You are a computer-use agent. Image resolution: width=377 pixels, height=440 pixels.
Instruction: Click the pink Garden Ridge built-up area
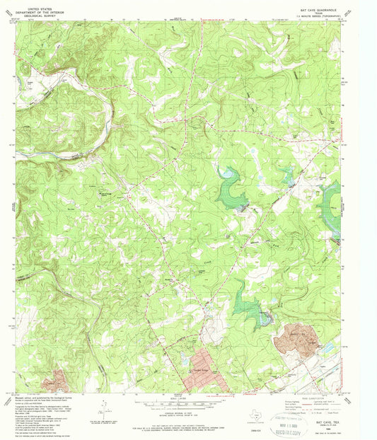point(205,368)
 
